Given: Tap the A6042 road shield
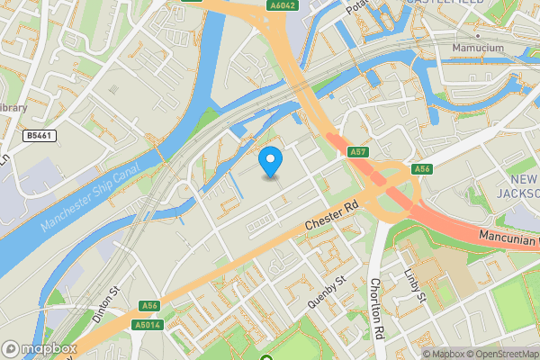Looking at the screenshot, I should pyautogui.click(x=282, y=5).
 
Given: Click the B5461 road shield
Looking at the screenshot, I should pyautogui.click(x=37, y=135).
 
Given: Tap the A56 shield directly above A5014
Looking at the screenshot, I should pyautogui.click(x=150, y=306).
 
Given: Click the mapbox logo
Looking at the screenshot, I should pyautogui.click(x=40, y=349).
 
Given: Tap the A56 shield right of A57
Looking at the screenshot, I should pyautogui.click(x=421, y=169).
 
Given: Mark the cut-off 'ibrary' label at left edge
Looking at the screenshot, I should pyautogui.click(x=13, y=108).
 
